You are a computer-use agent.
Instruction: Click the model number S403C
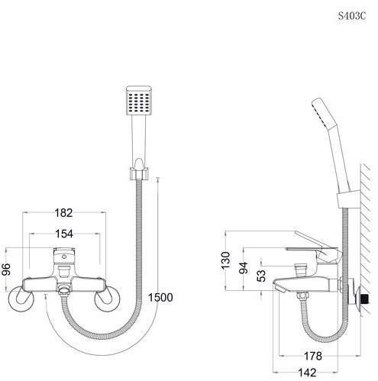click(x=351, y=16)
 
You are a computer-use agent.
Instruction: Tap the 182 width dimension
click(x=63, y=212)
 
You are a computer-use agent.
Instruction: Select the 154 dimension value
click(x=64, y=234)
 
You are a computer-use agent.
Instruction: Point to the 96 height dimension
click(x=6, y=270)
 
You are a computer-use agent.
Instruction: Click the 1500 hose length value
click(x=160, y=297)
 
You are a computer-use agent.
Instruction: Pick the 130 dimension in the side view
click(x=225, y=260)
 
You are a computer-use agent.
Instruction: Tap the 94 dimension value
click(x=244, y=267)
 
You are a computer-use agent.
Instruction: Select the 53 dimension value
click(x=261, y=276)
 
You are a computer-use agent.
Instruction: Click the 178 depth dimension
click(x=313, y=356)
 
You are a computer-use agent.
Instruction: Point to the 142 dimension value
click(x=307, y=373)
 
